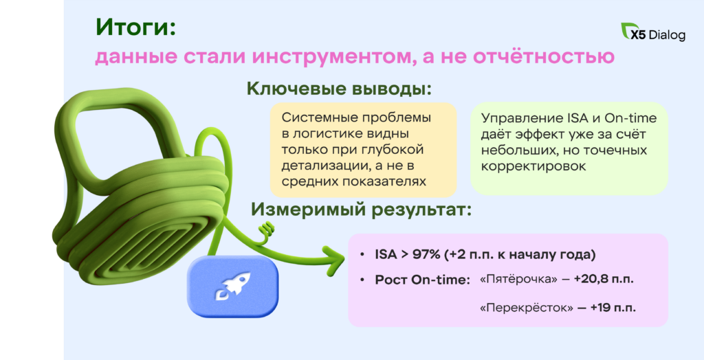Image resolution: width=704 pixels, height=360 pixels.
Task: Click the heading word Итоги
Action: pyautogui.click(x=135, y=29)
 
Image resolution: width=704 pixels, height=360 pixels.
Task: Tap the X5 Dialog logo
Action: pyautogui.click(x=653, y=32)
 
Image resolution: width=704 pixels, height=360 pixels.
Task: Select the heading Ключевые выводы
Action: pyautogui.click(x=339, y=89)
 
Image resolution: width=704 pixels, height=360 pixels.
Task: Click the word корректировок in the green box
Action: pyautogui.click(x=533, y=166)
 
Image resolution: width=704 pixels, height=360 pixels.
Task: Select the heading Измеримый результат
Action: pyautogui.click(x=362, y=210)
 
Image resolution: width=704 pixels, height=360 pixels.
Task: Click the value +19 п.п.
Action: pyautogui.click(x=613, y=308)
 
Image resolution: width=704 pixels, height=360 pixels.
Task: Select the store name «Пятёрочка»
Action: pyautogui.click(x=518, y=279)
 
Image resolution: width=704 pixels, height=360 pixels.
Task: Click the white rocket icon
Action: pyautogui.click(x=232, y=286)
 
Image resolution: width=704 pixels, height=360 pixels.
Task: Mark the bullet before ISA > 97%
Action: pyautogui.click(x=362, y=255)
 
